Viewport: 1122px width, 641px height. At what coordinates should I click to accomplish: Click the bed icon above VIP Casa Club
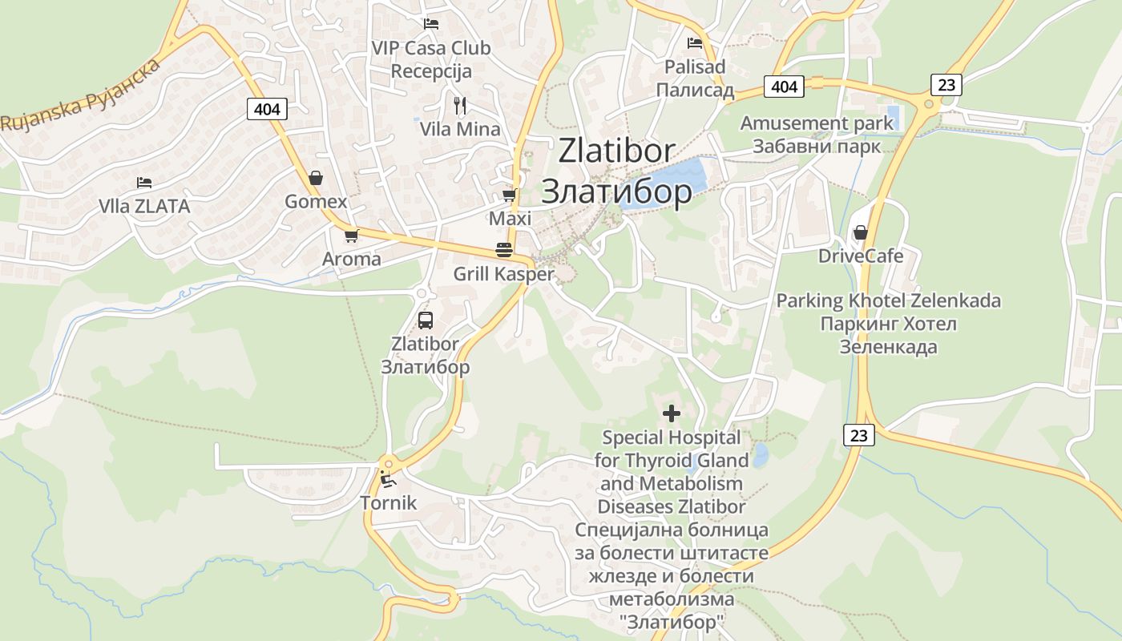coord(431,24)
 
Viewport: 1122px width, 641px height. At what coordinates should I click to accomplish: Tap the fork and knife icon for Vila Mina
coord(460,105)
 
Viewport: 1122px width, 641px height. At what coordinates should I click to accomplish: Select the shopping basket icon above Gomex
coord(316,178)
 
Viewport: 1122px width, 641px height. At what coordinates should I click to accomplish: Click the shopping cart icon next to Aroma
coord(351,236)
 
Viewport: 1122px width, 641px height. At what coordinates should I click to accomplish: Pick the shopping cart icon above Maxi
coord(510,195)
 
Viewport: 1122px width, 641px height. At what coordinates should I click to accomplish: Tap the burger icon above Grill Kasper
coord(504,249)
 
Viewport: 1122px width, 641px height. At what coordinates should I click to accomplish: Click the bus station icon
coord(426,320)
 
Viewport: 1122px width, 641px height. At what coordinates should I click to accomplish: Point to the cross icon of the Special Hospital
coord(672,413)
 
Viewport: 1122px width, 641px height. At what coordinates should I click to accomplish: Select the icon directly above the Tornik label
coord(389,481)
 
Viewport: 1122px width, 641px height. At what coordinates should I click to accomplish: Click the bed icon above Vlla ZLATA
coord(144,183)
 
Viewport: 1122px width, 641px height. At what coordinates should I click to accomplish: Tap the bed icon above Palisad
coord(695,43)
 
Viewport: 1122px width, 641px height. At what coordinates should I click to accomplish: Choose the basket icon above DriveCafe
coord(861,233)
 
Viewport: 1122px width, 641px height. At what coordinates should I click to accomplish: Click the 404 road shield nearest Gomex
coord(267,108)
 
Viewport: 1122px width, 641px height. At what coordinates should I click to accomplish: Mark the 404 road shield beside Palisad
coord(784,86)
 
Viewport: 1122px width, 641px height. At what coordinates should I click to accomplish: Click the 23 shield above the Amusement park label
coord(946,84)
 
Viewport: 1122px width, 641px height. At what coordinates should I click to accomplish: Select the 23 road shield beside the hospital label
coord(859,435)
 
